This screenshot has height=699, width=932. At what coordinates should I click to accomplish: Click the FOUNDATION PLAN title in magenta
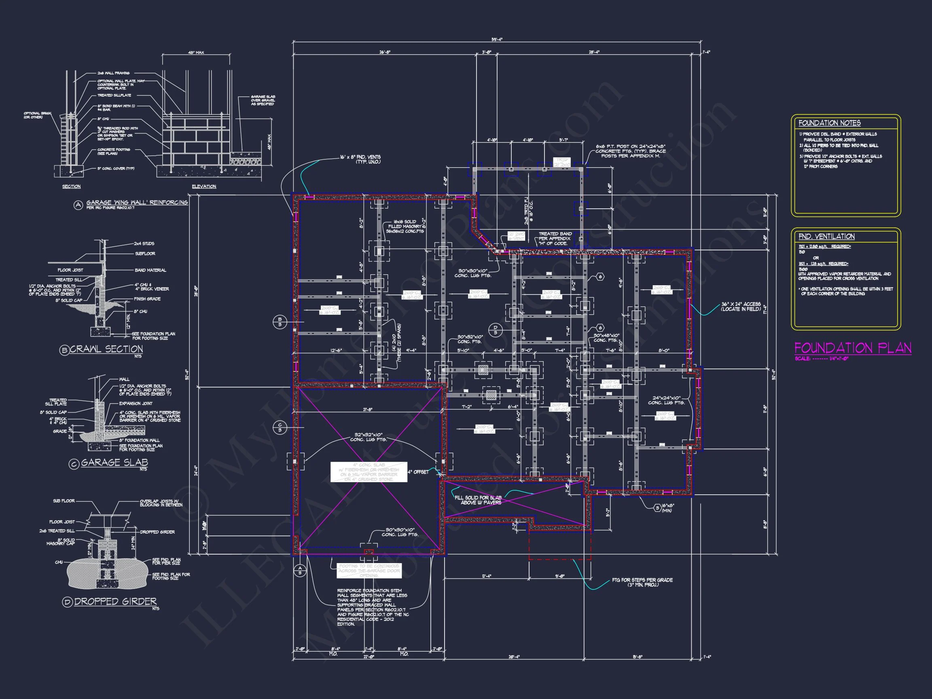pos(852,348)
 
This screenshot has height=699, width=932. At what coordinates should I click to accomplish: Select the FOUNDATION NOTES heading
pos(829,123)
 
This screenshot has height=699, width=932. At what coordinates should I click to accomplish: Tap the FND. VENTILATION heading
pos(826,236)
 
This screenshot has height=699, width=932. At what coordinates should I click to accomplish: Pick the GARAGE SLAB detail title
pos(114,462)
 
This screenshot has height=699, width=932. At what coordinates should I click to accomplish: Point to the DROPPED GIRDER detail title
pos(115,601)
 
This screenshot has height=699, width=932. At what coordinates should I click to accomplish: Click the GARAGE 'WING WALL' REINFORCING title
pos(137,203)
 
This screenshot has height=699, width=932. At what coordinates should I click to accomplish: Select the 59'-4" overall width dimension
pos(497,40)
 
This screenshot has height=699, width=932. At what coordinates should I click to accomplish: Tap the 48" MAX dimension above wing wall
pos(196,53)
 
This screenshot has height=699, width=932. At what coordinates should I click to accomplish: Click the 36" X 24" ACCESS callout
pos(741,306)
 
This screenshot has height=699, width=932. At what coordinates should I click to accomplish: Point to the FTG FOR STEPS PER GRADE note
pos(642,582)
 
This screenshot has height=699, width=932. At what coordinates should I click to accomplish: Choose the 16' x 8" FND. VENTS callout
pos(360,159)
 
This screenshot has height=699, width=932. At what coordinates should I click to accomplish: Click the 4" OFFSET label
pos(418,472)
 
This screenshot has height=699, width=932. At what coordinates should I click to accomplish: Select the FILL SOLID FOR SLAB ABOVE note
pos(478,500)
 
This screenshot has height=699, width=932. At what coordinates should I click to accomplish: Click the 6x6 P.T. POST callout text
pos(630,151)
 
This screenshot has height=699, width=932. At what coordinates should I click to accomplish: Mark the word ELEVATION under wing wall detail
pos(204,186)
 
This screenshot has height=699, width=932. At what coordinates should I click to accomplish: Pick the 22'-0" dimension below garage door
pos(368,657)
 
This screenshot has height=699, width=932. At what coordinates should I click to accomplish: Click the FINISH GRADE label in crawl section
pos(147,299)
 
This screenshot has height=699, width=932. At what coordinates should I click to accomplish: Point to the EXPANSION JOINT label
pos(135,403)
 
